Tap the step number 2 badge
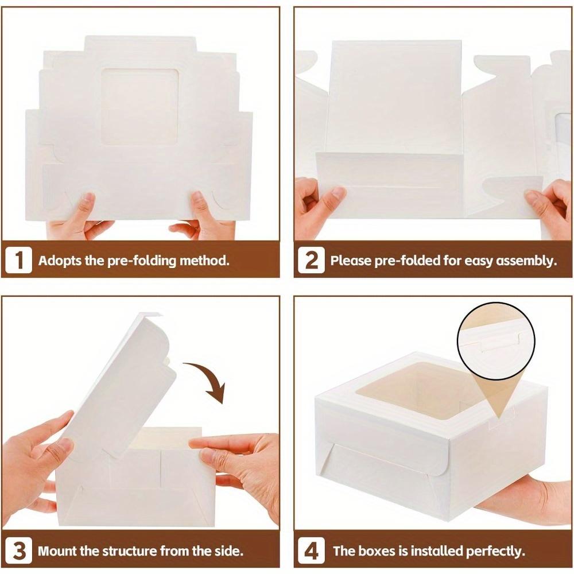coord(312,260)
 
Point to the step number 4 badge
coord(312,552)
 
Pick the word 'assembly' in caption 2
coord(528,260)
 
